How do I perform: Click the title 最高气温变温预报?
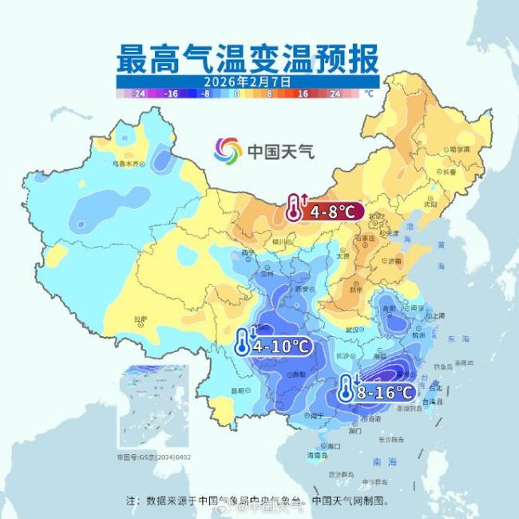(x=248, y=58)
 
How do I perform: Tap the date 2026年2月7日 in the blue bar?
(x=247, y=81)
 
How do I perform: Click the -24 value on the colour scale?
(x=139, y=93)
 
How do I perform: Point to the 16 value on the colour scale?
(x=303, y=93)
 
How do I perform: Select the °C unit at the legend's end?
(x=369, y=93)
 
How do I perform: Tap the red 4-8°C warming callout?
(x=326, y=211)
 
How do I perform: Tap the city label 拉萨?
(x=141, y=319)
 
